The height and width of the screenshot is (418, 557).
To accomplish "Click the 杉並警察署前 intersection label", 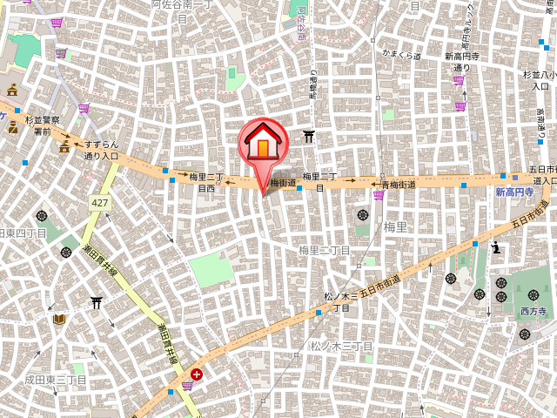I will coord(42,125).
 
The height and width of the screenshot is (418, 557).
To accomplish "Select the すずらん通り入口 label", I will coord(102,151).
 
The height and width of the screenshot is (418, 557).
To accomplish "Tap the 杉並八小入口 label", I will coord(534,80).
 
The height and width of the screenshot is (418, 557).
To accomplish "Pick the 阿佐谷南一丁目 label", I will coord(183,10).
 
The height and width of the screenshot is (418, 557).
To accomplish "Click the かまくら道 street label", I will coord(401,55).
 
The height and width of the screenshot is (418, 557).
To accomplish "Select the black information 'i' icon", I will coord(496,246).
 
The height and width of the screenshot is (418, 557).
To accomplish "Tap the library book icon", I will coord(58,320).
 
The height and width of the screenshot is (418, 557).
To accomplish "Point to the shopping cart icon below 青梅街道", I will coord(378,195).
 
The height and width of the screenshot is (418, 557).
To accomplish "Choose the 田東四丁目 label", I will coord(23,233).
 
